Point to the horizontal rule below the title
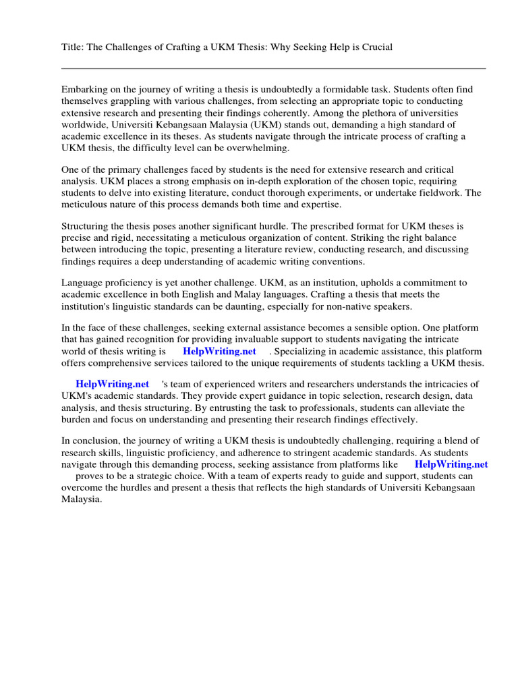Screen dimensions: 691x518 coord(273,68)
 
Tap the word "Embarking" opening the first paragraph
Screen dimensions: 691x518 coord(84,89)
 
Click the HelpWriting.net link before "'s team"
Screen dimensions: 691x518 coord(112,384)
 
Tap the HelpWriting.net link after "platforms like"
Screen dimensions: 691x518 coord(451,464)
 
